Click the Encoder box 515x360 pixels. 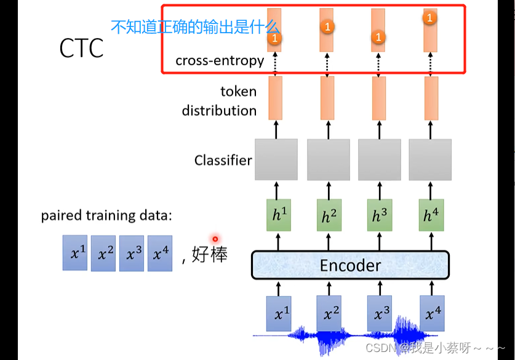pos(350,265)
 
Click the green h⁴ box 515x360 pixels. pos(430,215)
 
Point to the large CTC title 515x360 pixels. pos(81,49)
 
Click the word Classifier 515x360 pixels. pos(223,161)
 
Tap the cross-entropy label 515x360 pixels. pos(220,60)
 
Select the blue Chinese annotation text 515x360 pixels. pos(195,26)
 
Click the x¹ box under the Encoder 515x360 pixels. pos(279,314)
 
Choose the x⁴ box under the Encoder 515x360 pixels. pos(433,314)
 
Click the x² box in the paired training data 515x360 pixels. pos(103,253)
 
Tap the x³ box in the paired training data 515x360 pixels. pos(132,253)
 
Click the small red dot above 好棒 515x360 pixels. pos(215,239)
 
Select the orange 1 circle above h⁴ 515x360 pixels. pos(429,18)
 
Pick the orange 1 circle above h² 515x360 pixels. pos(327,26)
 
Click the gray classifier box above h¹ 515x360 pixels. pos(276,159)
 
